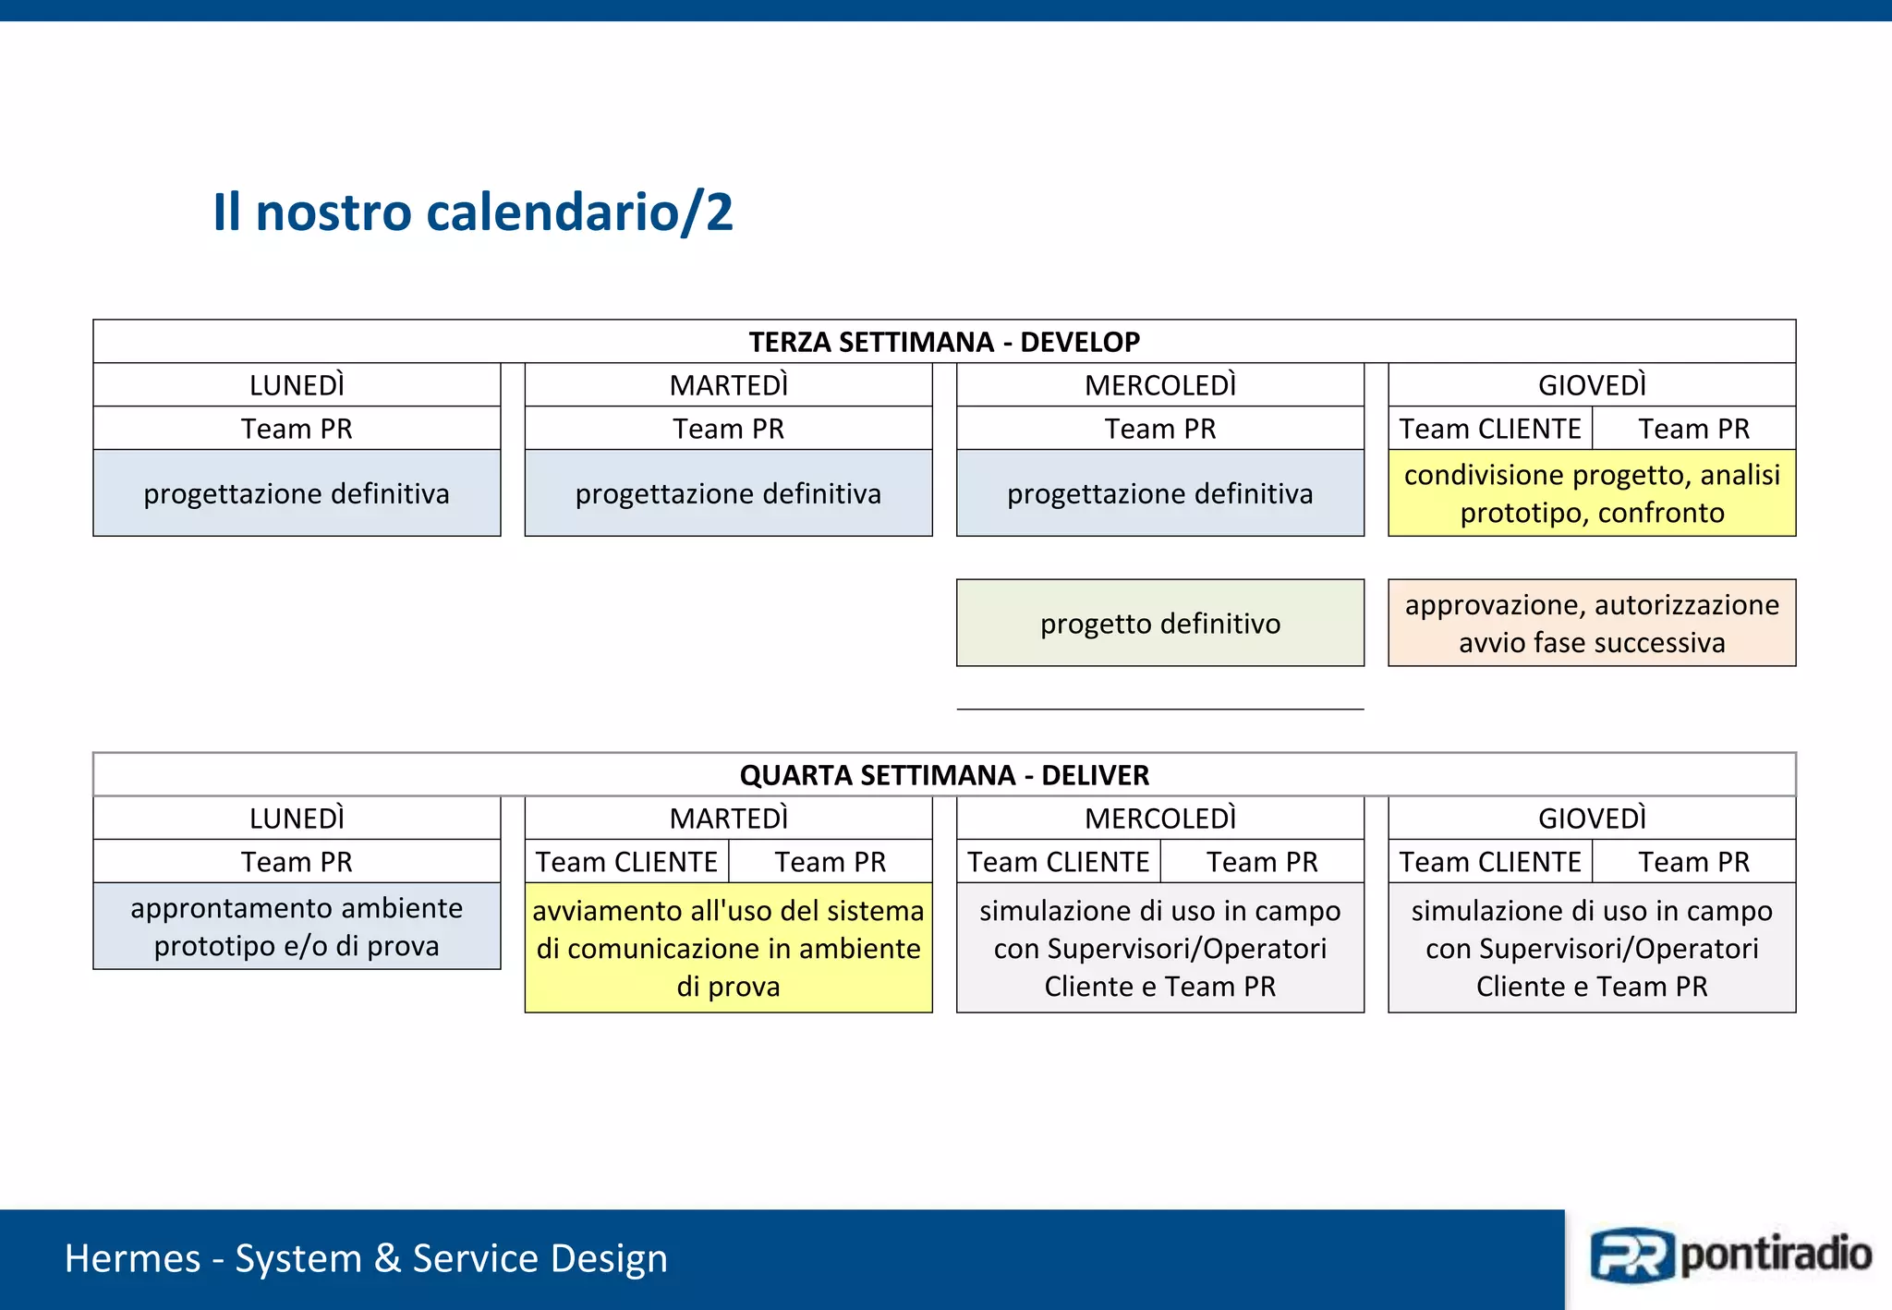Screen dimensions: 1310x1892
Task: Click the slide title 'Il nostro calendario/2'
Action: (472, 212)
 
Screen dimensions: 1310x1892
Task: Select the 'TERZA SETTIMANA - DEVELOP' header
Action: (944, 342)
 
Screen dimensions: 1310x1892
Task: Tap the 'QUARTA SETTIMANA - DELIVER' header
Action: (944, 774)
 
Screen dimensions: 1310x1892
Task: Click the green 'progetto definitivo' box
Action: (1160, 624)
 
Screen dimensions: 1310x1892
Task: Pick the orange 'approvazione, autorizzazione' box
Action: (1592, 624)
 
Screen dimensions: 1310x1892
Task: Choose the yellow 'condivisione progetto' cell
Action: (1592, 493)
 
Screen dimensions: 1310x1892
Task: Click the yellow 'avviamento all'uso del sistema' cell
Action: (728, 948)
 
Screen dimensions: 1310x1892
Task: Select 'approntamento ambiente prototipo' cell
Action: (297, 927)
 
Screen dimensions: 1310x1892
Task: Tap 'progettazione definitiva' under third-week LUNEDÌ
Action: (297, 493)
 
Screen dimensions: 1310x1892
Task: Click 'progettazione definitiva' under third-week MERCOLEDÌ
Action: (1160, 493)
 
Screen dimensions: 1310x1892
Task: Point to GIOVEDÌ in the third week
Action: (1592, 384)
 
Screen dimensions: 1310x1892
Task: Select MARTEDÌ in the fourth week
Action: (728, 818)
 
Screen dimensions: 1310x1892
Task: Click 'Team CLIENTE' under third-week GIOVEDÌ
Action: (1490, 429)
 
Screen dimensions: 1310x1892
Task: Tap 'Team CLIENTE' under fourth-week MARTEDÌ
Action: (626, 862)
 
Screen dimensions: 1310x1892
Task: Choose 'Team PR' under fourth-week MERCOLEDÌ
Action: (1262, 862)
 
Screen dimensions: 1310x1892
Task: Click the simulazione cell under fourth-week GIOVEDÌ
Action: (1592, 948)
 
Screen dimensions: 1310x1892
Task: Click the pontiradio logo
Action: (1729, 1255)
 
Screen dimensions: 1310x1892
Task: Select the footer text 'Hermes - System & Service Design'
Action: (366, 1258)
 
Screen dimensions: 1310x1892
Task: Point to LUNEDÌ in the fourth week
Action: (297, 818)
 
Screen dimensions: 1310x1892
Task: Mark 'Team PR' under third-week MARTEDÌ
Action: (728, 429)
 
